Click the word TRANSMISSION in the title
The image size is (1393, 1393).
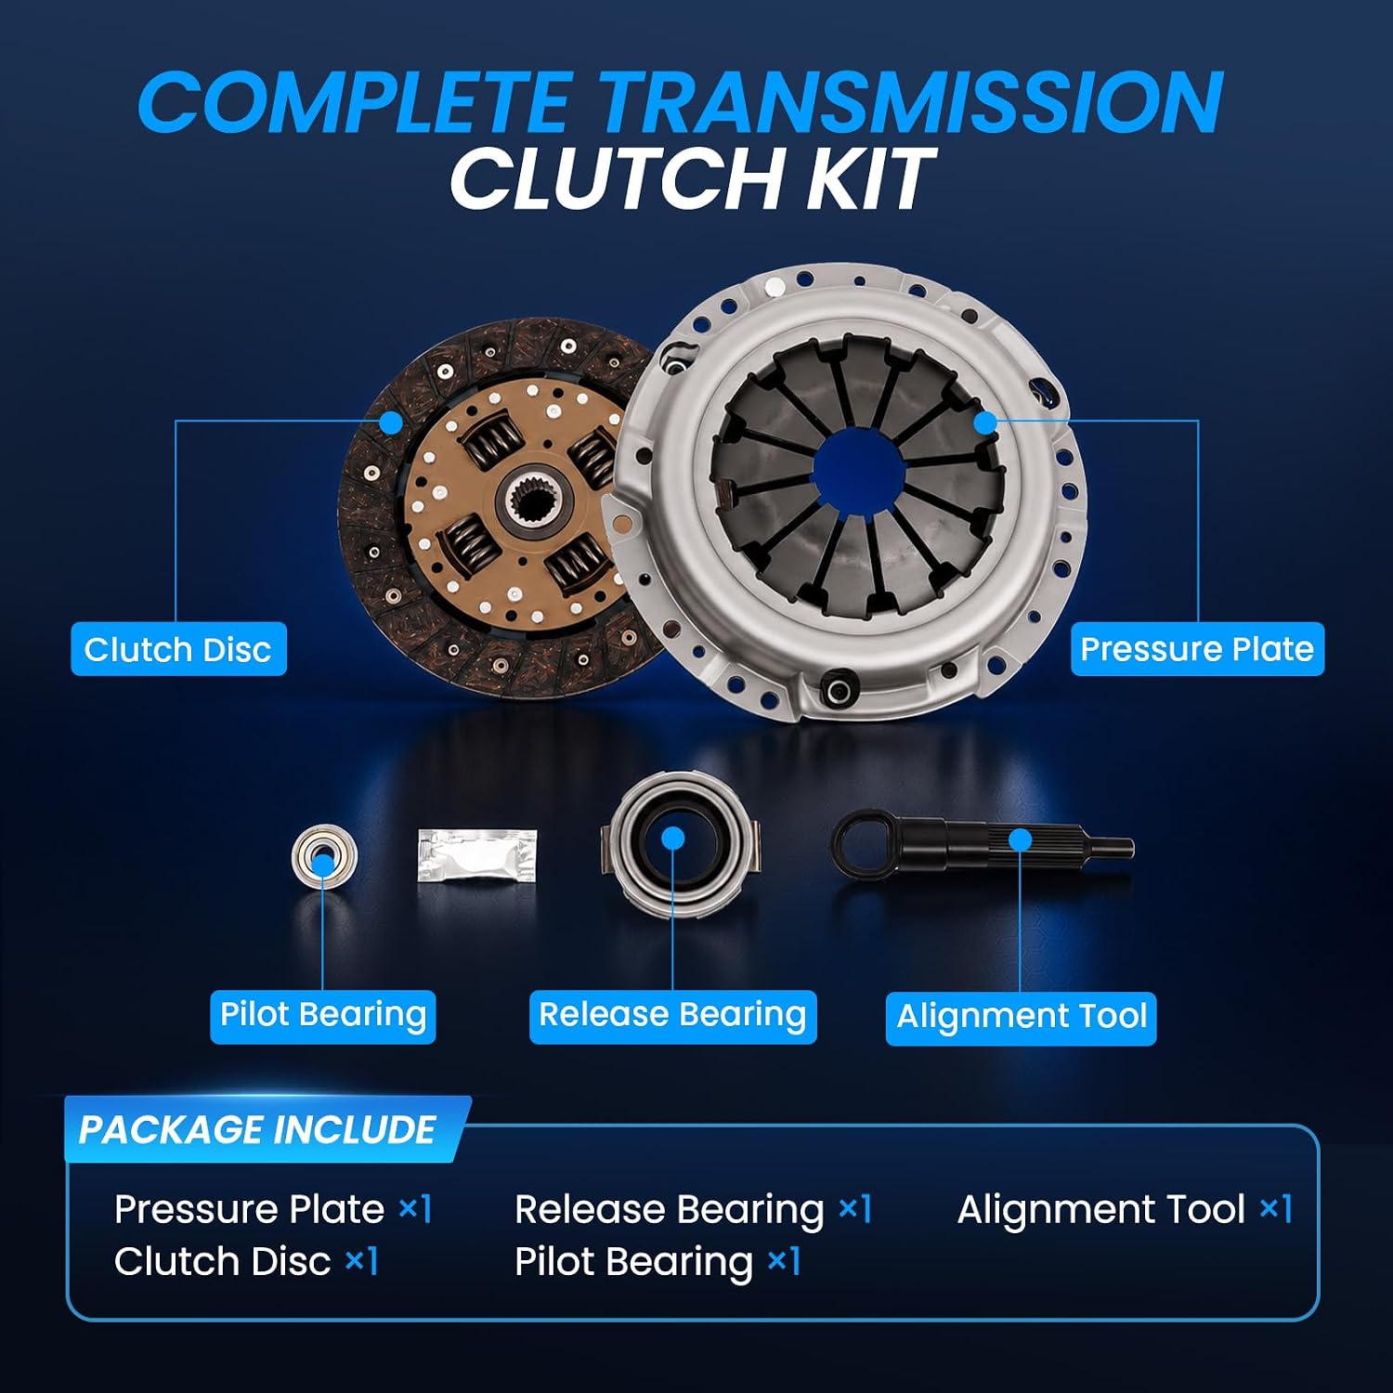coord(908,102)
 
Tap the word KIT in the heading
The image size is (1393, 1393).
coord(869,179)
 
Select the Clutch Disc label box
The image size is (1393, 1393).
coord(178,649)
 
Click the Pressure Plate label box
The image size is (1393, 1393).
coord(1197,648)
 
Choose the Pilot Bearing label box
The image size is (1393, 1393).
coord(322,1015)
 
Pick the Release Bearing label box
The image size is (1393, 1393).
coord(672,1015)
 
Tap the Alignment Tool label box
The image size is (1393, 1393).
coord(1021,1017)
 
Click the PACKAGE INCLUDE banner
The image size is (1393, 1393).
coord(265,1129)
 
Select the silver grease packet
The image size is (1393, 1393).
coord(477,855)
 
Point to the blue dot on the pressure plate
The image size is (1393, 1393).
coord(984,423)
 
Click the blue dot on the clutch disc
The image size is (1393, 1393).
coord(391,423)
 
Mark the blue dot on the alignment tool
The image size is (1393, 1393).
coord(1020,840)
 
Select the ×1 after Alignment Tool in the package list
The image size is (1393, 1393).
coord(1275,1208)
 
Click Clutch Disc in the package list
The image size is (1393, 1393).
coord(222,1261)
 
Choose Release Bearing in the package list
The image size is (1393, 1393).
coord(669,1210)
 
